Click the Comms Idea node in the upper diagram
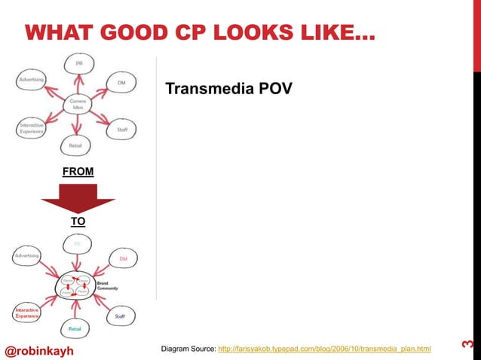point(76,103)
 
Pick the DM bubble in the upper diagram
point(121,83)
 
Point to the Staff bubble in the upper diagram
point(121,130)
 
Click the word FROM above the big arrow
point(78,172)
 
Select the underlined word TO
point(78,222)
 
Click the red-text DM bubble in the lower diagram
point(123,259)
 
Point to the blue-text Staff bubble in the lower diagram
point(120,316)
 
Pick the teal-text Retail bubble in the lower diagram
point(75,329)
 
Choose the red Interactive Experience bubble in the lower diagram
point(26,313)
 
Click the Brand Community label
point(109,286)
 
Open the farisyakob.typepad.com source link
point(323,349)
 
